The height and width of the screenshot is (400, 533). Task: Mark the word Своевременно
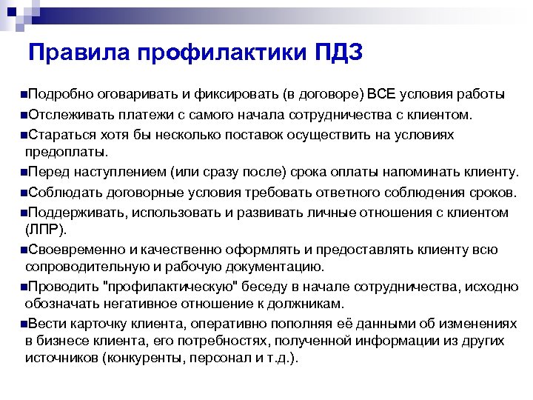(75, 250)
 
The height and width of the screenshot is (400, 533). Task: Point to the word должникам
(301, 304)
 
